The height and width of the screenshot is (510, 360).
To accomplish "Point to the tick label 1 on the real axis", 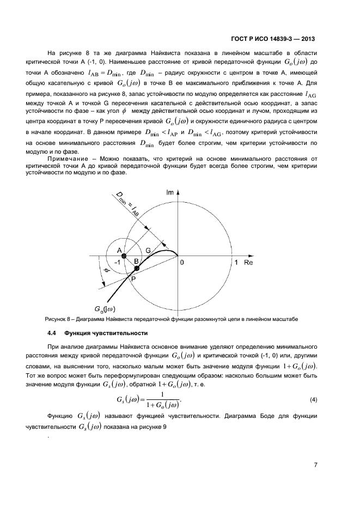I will pos(235,263).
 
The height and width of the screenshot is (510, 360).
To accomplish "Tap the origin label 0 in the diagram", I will pos(183,263).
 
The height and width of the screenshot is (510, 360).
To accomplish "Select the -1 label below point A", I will pos(116,262).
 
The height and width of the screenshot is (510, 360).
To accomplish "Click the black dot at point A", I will pos(124,256).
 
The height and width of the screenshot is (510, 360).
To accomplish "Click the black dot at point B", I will pos(137,268).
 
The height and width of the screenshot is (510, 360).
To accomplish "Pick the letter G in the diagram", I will pos(148,250).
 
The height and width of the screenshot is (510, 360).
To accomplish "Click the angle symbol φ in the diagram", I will pos(107,270).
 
